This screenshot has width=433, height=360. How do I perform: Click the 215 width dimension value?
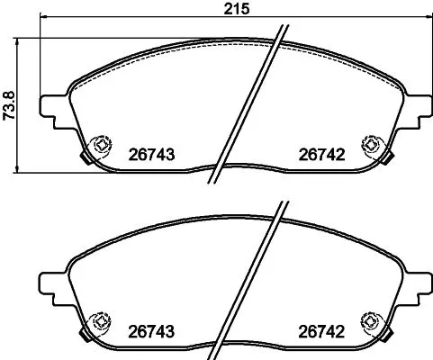(x=237, y=9)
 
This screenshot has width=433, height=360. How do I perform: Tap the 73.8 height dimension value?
(x=10, y=104)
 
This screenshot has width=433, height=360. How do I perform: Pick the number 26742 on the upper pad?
(x=323, y=154)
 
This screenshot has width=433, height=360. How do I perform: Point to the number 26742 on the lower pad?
(x=323, y=329)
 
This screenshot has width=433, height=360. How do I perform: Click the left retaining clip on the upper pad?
(x=101, y=144)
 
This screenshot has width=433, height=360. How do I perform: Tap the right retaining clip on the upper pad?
(x=369, y=144)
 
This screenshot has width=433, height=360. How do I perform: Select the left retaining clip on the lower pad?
(x=101, y=319)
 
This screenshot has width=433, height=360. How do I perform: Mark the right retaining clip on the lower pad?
(x=369, y=319)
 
